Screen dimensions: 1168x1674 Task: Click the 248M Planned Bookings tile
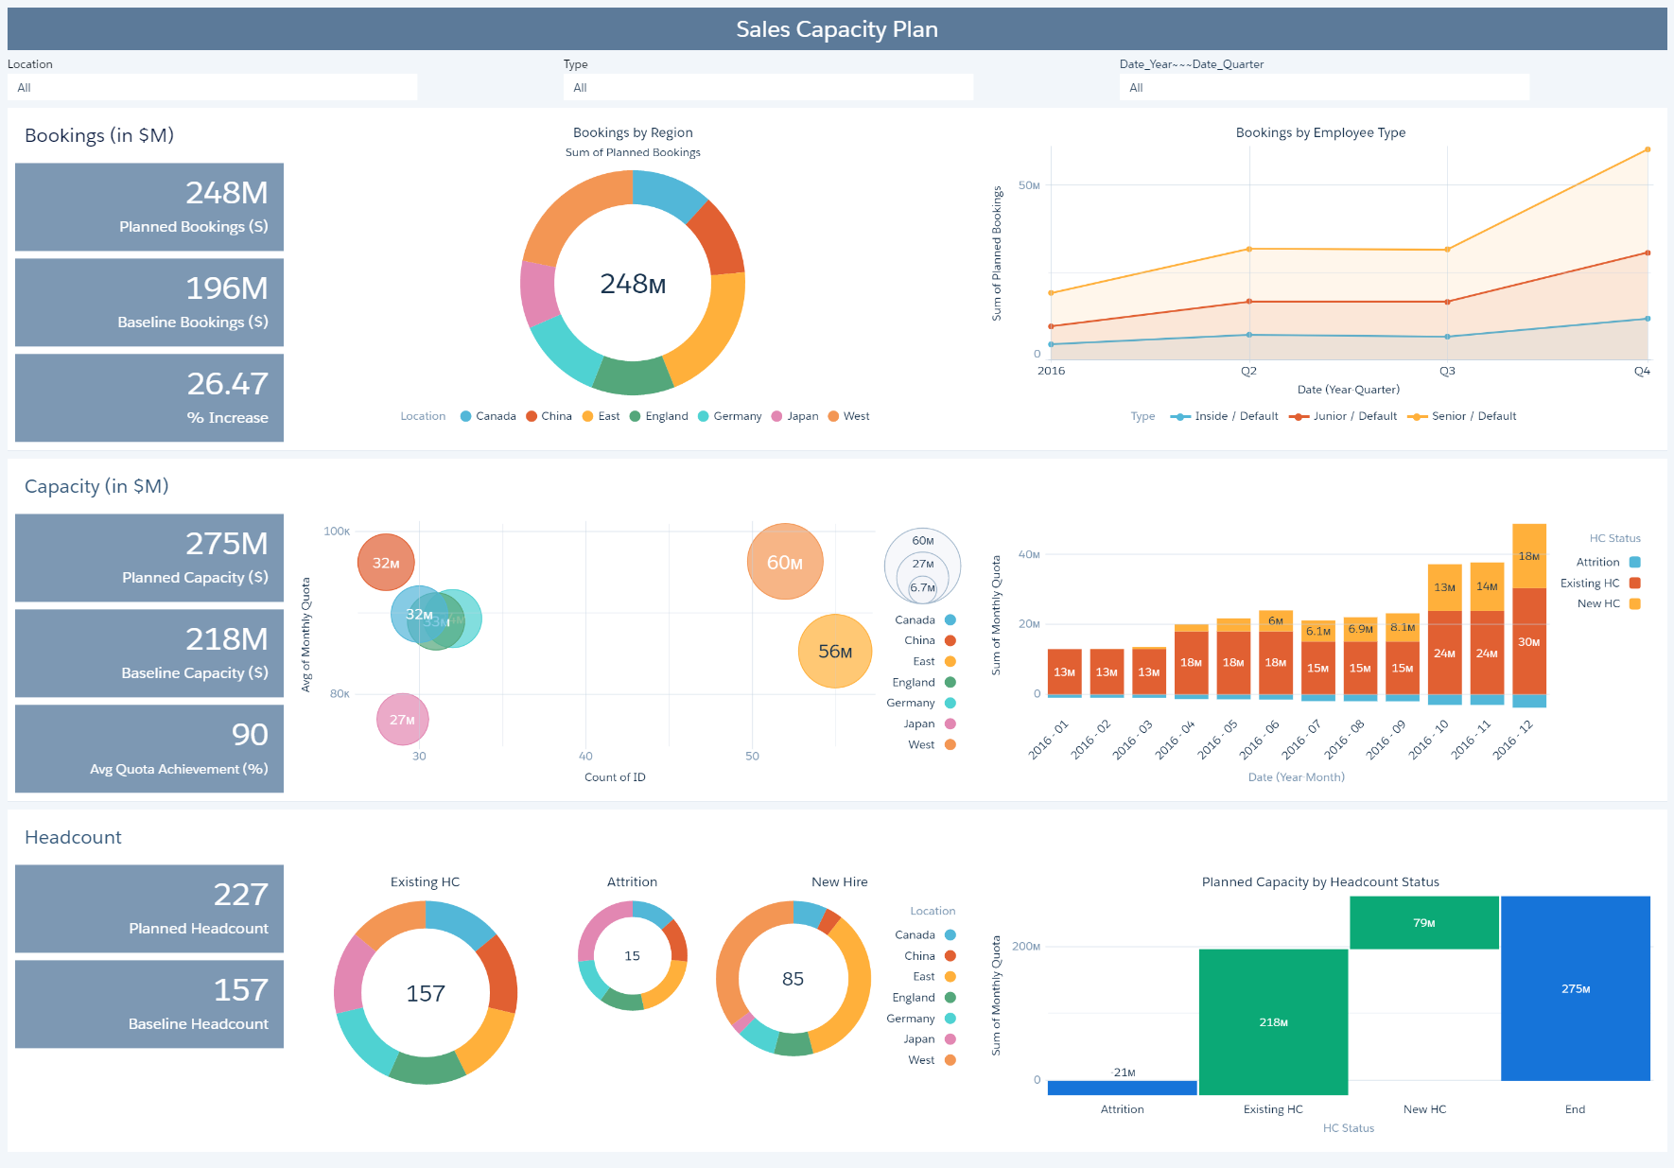tap(149, 206)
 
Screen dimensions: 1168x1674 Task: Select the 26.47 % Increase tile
tap(149, 397)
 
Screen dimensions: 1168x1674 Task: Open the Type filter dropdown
tap(767, 87)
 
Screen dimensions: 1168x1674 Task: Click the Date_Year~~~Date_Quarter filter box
tap(1323, 87)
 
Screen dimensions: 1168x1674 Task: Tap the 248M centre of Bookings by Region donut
tap(633, 284)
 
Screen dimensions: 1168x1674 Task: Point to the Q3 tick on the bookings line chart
tap(1447, 371)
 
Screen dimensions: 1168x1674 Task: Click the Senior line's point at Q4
tap(1648, 149)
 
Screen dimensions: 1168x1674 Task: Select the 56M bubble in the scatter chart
tap(835, 652)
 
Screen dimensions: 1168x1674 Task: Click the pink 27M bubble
tap(403, 720)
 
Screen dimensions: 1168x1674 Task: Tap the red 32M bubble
tap(386, 563)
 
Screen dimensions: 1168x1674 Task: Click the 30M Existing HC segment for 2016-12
tap(1529, 642)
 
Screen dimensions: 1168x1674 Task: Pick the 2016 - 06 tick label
tap(1260, 739)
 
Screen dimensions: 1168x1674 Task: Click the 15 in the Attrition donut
tap(632, 956)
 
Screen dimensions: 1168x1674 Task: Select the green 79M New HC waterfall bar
tap(1423, 922)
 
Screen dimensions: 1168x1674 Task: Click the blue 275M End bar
tap(1575, 988)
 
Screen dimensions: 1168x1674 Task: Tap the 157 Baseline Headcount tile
tap(149, 1003)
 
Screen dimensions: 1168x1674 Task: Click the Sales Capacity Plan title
tap(837, 29)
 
